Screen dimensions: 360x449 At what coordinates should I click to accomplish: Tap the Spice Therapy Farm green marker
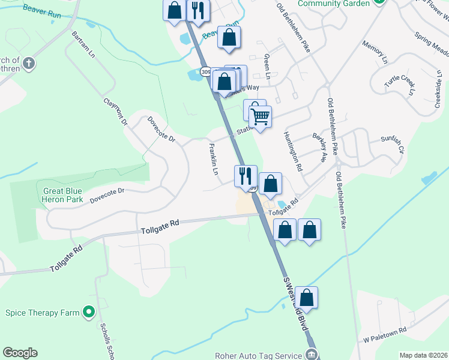[89, 312]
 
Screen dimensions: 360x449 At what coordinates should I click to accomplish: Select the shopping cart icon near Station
[261, 116]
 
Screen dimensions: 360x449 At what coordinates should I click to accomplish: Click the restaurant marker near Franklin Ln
[245, 176]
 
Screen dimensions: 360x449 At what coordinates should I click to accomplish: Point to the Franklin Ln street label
[213, 159]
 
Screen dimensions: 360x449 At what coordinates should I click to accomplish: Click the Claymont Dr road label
[116, 112]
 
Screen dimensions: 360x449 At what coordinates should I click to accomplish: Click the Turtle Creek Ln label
[401, 85]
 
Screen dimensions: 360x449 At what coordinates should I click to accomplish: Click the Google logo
[20, 353]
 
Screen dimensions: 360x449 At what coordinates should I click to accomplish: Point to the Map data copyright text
[424, 355]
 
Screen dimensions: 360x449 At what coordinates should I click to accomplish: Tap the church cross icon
[29, 62]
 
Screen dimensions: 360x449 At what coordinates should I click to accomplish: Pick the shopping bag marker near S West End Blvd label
[306, 298]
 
